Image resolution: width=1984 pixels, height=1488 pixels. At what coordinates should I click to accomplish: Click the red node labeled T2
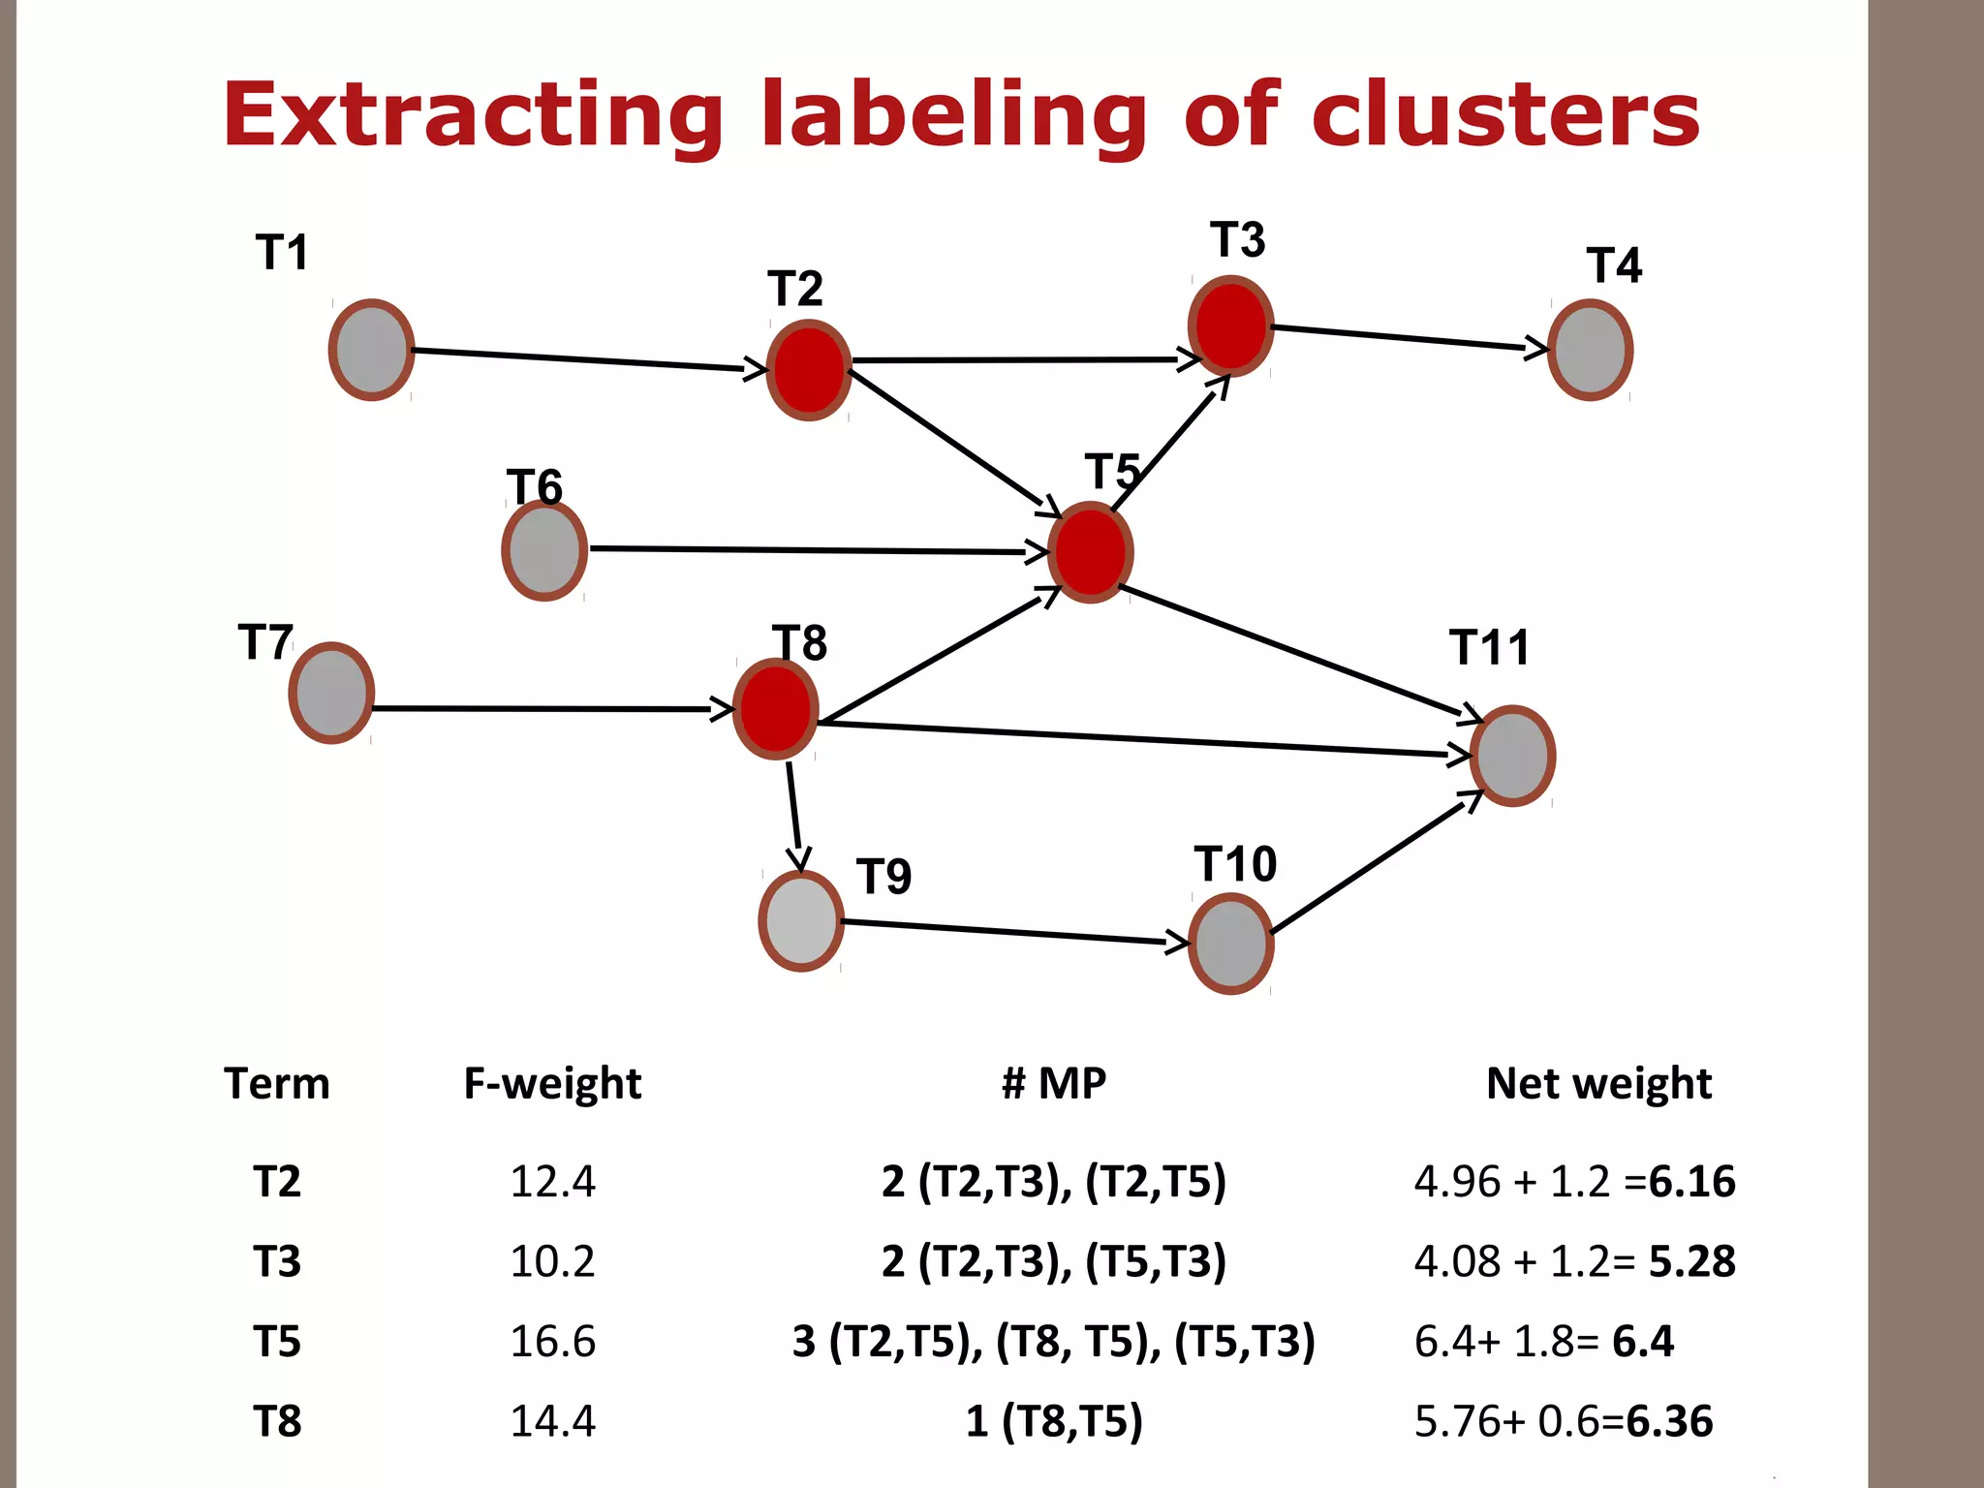tap(809, 370)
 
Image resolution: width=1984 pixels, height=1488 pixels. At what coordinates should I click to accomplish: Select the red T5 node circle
tap(1091, 552)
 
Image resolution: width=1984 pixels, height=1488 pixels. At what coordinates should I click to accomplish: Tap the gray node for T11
tap(1512, 756)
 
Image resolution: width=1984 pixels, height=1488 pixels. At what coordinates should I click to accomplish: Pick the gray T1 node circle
tap(371, 350)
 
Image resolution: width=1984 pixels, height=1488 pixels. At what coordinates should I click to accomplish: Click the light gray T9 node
tap(801, 920)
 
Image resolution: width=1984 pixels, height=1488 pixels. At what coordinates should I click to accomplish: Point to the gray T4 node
tap(1590, 350)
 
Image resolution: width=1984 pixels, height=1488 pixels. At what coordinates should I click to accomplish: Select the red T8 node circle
tap(775, 709)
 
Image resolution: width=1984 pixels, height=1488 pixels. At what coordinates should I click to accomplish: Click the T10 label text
tap(1235, 863)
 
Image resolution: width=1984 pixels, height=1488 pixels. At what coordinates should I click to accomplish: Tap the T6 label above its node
tap(534, 486)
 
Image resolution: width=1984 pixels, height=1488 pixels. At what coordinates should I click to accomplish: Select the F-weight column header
tap(552, 1083)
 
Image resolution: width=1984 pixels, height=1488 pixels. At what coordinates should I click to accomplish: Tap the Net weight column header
tap(1598, 1083)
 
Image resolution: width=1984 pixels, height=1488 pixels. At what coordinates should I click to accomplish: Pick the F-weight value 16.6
tap(552, 1342)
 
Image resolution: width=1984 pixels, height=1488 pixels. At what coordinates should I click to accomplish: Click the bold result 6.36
tap(1669, 1421)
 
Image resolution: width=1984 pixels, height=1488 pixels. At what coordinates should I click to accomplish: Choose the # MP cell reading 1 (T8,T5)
tap(1054, 1421)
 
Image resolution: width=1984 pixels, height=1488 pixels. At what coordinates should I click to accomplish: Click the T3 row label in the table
tap(277, 1261)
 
